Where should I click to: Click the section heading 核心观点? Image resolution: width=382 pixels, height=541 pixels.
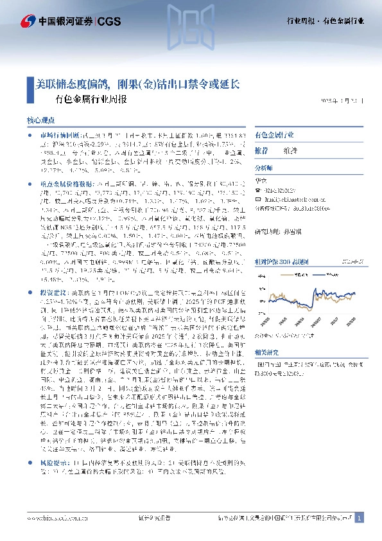(x=44, y=120)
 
